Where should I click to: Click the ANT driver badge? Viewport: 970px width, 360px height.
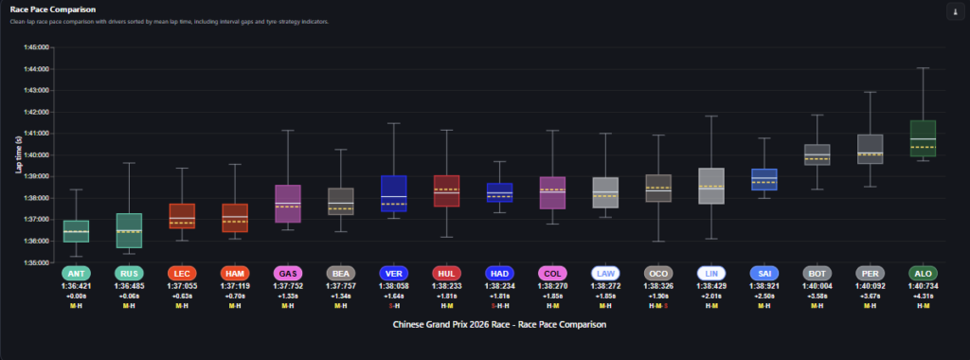77,273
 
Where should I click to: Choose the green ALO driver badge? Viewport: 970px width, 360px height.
923,273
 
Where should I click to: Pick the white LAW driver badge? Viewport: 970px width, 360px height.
603,273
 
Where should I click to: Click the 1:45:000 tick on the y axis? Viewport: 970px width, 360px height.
34,46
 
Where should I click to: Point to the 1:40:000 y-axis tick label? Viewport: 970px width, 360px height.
34,154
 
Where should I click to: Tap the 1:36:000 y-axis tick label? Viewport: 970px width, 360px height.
34,241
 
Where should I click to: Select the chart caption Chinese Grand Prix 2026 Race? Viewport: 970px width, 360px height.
498,324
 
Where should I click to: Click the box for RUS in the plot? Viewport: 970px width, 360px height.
129,230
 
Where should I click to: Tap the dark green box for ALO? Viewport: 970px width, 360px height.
923,138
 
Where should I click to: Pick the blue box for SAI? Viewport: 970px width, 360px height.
763,179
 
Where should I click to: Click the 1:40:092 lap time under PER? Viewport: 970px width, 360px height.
870,285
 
